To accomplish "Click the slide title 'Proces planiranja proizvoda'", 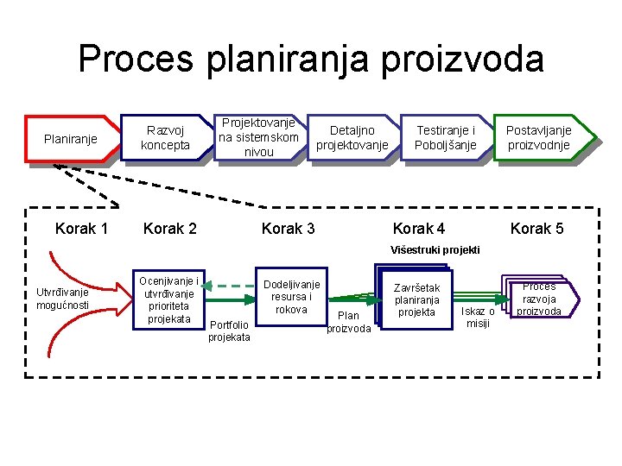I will point(311,60).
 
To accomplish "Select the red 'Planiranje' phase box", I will point(71,139).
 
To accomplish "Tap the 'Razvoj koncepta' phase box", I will point(166,137).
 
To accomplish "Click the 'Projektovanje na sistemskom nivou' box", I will point(258,137).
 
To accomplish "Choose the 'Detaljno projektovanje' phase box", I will point(352,138).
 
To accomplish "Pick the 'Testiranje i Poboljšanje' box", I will point(445,137).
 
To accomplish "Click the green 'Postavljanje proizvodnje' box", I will point(538,137).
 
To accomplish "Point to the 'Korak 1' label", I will point(81,229).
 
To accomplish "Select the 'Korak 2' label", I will point(170,229).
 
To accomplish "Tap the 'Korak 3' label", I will point(288,229).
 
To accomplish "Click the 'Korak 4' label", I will point(419,229).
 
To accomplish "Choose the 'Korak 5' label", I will point(536,229).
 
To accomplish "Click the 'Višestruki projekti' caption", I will point(435,250).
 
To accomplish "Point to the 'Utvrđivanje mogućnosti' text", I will point(62,299).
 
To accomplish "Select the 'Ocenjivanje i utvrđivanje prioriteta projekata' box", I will point(169,299).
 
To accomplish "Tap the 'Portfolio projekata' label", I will point(229,331).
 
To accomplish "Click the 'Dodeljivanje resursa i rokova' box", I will point(291,297).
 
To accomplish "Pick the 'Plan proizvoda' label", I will point(349,322).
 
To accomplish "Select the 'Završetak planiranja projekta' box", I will point(417,299).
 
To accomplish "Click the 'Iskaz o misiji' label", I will point(478,317).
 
